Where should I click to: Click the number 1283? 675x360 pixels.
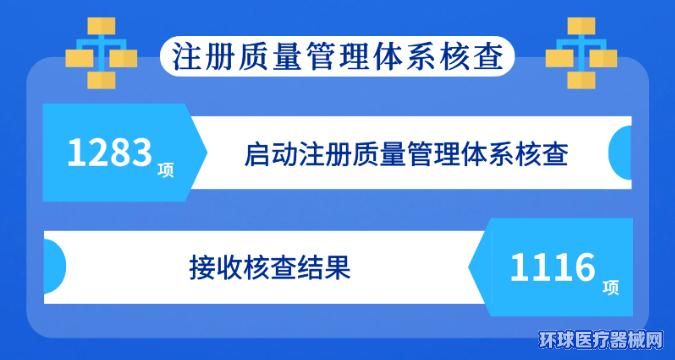(x=110, y=153)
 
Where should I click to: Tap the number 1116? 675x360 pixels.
(x=552, y=267)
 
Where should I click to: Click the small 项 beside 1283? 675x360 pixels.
(x=166, y=171)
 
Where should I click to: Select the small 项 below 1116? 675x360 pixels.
(x=611, y=288)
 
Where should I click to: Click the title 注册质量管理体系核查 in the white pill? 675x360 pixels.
(x=338, y=57)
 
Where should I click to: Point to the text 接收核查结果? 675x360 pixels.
(x=269, y=268)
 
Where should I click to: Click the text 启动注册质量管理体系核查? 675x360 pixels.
(x=406, y=154)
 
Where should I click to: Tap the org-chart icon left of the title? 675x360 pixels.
(x=101, y=53)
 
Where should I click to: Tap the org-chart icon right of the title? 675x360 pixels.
(x=581, y=53)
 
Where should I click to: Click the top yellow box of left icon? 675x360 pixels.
(x=101, y=26)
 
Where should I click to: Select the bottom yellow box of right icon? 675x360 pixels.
(x=581, y=81)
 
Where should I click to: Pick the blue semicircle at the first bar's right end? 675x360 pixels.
(x=621, y=152)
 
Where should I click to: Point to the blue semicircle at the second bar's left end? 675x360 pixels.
(x=55, y=267)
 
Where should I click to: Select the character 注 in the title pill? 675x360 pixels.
(x=187, y=57)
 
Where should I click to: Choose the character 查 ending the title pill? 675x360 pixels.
(x=489, y=57)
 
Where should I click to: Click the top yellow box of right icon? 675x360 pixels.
(x=581, y=26)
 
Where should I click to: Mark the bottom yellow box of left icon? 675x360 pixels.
(x=101, y=81)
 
